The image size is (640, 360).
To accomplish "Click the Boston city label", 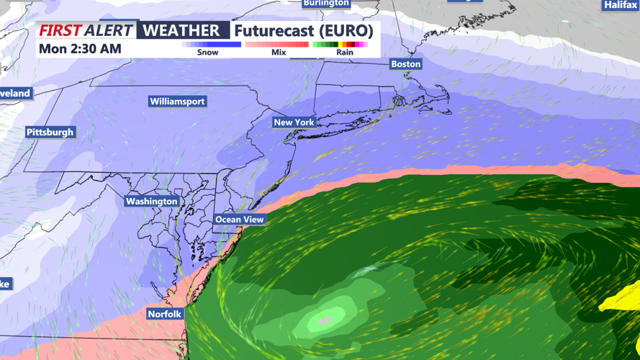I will [405, 64].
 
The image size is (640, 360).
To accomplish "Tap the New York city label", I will [294, 122].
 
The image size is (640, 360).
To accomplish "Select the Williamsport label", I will [178, 102].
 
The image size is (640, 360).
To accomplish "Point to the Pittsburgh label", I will [50, 132].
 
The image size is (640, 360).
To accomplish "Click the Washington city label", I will [151, 202].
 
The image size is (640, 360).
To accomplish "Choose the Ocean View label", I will [240, 220].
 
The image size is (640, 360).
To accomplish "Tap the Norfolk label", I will [165, 314].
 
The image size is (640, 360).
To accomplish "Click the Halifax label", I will [620, 5].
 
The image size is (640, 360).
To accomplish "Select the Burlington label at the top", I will [326, 4].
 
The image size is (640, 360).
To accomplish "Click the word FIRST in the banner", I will [60, 31].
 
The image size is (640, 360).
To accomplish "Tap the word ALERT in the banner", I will [109, 31].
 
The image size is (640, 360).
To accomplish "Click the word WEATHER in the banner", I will [181, 30].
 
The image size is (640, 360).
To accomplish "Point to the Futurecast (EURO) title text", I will [303, 31].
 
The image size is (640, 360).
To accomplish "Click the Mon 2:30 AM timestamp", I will [80, 49].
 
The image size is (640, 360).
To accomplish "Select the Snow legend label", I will [208, 53].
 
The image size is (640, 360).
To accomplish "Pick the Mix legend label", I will [278, 53].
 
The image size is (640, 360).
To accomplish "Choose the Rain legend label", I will [345, 53].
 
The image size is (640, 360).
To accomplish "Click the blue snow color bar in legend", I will [212, 45].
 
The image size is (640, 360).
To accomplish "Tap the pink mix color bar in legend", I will [277, 45].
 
